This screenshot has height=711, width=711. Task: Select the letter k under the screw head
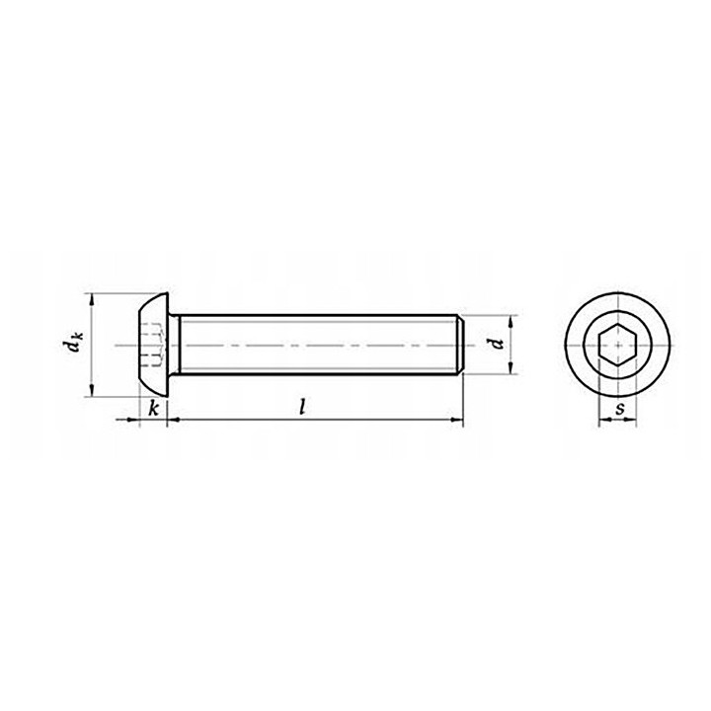[154, 409]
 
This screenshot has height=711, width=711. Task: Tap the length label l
[302, 407]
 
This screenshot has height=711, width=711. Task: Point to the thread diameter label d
[498, 344]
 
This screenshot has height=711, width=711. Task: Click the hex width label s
[619, 409]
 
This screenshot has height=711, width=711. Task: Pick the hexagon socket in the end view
[617, 345]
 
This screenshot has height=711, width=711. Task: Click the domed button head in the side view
[153, 345]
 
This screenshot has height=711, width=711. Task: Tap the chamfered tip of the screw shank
[460, 345]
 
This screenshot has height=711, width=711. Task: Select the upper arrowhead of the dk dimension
[92, 300]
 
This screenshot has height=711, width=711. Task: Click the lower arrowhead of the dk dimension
[92, 389]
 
